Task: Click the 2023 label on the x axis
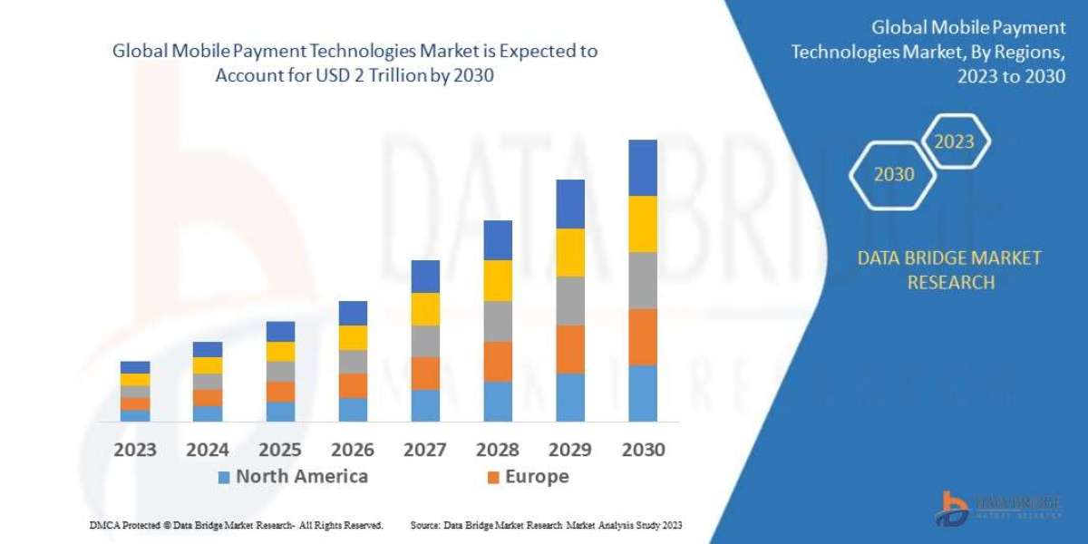[135, 449]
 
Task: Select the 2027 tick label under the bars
[424, 449]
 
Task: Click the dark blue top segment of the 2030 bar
[642, 168]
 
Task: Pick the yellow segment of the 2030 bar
[642, 224]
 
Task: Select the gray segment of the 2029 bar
[570, 301]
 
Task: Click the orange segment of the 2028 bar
[498, 361]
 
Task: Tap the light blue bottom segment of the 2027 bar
[425, 405]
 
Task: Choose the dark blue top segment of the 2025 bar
[280, 331]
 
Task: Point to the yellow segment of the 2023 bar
[135, 379]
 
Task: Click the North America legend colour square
[224, 477]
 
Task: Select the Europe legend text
[537, 477]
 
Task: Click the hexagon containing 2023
[954, 141]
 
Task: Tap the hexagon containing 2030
[894, 174]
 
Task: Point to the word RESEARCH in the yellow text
[949, 282]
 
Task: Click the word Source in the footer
[424, 525]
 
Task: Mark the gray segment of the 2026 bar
[353, 362]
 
